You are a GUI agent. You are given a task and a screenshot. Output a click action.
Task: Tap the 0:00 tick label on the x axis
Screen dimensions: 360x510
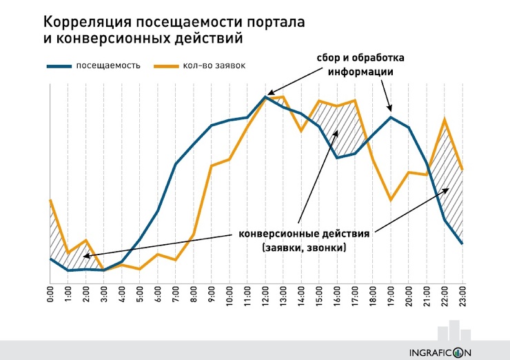[x=51, y=293]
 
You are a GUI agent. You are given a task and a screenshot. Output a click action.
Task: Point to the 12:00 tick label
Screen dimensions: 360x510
[x=265, y=293]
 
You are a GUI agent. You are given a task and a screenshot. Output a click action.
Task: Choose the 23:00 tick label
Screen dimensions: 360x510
[x=462, y=293]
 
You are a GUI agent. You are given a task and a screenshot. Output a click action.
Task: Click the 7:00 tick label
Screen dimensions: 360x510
[x=176, y=293]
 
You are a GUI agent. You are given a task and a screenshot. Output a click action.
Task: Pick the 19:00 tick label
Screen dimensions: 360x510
[x=391, y=293]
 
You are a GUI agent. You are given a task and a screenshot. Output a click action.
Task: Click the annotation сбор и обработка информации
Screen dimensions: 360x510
[x=360, y=64]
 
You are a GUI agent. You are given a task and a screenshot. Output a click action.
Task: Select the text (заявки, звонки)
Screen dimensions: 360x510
[x=304, y=248]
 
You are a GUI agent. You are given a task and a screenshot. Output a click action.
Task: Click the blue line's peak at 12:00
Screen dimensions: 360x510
[x=265, y=97]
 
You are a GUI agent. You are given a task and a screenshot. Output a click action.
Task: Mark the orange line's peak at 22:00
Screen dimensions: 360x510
[x=445, y=119]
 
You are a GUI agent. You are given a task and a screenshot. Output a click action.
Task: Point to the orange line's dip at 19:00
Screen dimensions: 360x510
[x=391, y=200]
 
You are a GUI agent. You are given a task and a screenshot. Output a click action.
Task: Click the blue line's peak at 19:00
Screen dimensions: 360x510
[x=391, y=117]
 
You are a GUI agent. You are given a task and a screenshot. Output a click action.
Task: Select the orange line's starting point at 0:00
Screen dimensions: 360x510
[x=51, y=201]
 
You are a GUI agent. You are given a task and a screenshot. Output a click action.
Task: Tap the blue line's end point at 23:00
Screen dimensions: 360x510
[x=462, y=243]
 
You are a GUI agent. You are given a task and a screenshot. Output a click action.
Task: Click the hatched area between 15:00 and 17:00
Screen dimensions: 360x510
[x=345, y=128]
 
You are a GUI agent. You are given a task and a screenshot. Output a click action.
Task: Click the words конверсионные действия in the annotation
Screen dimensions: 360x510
[x=304, y=233]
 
